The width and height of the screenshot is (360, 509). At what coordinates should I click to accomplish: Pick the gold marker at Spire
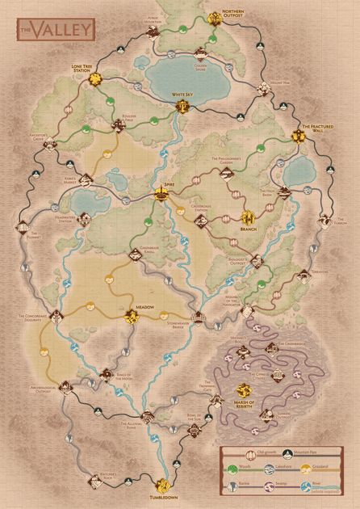(160, 193)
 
